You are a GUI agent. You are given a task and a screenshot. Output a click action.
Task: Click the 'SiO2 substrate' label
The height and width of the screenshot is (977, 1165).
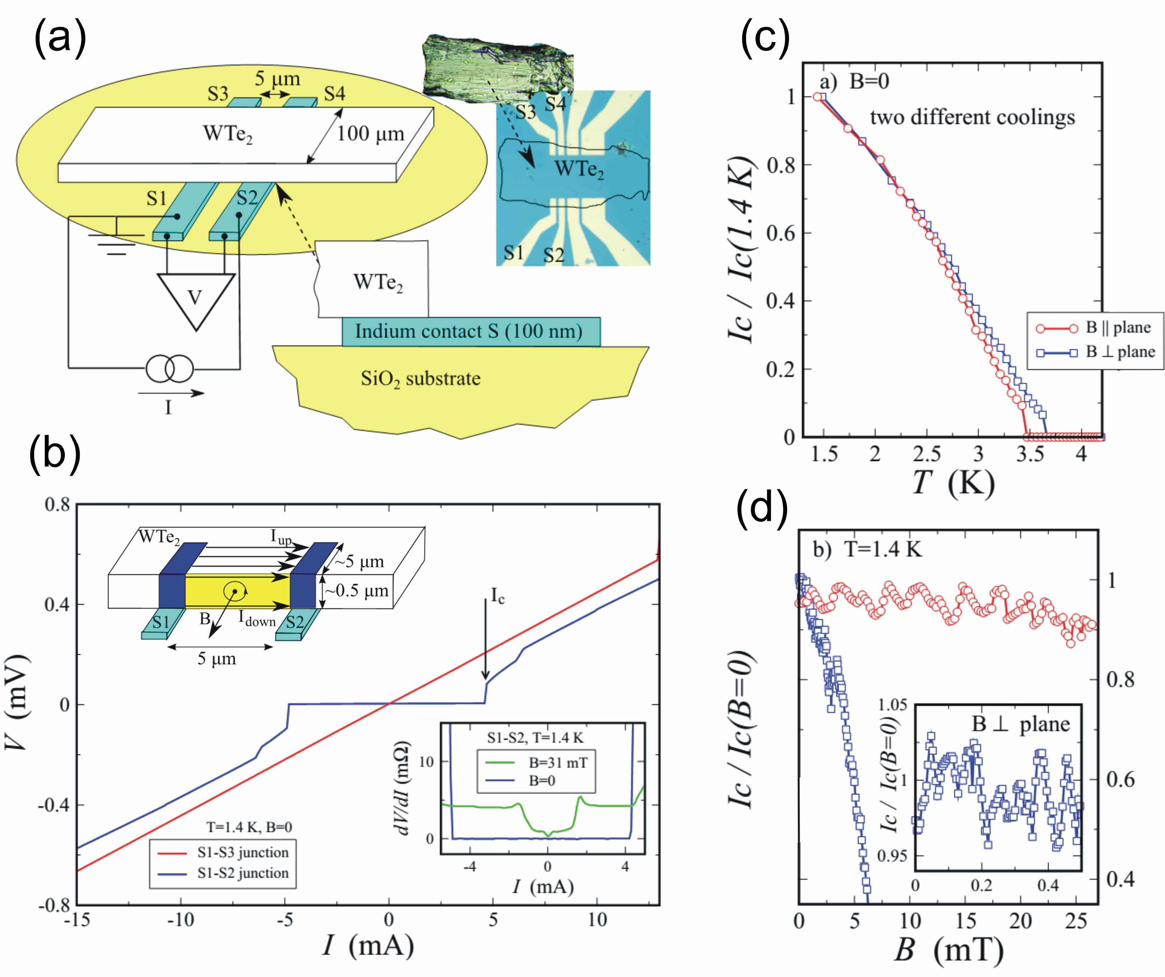coord(420,379)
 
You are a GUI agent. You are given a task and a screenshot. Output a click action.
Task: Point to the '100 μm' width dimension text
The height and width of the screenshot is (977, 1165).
coord(371,134)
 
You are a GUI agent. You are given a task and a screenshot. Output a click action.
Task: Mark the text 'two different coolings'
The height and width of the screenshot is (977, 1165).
coord(972,118)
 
